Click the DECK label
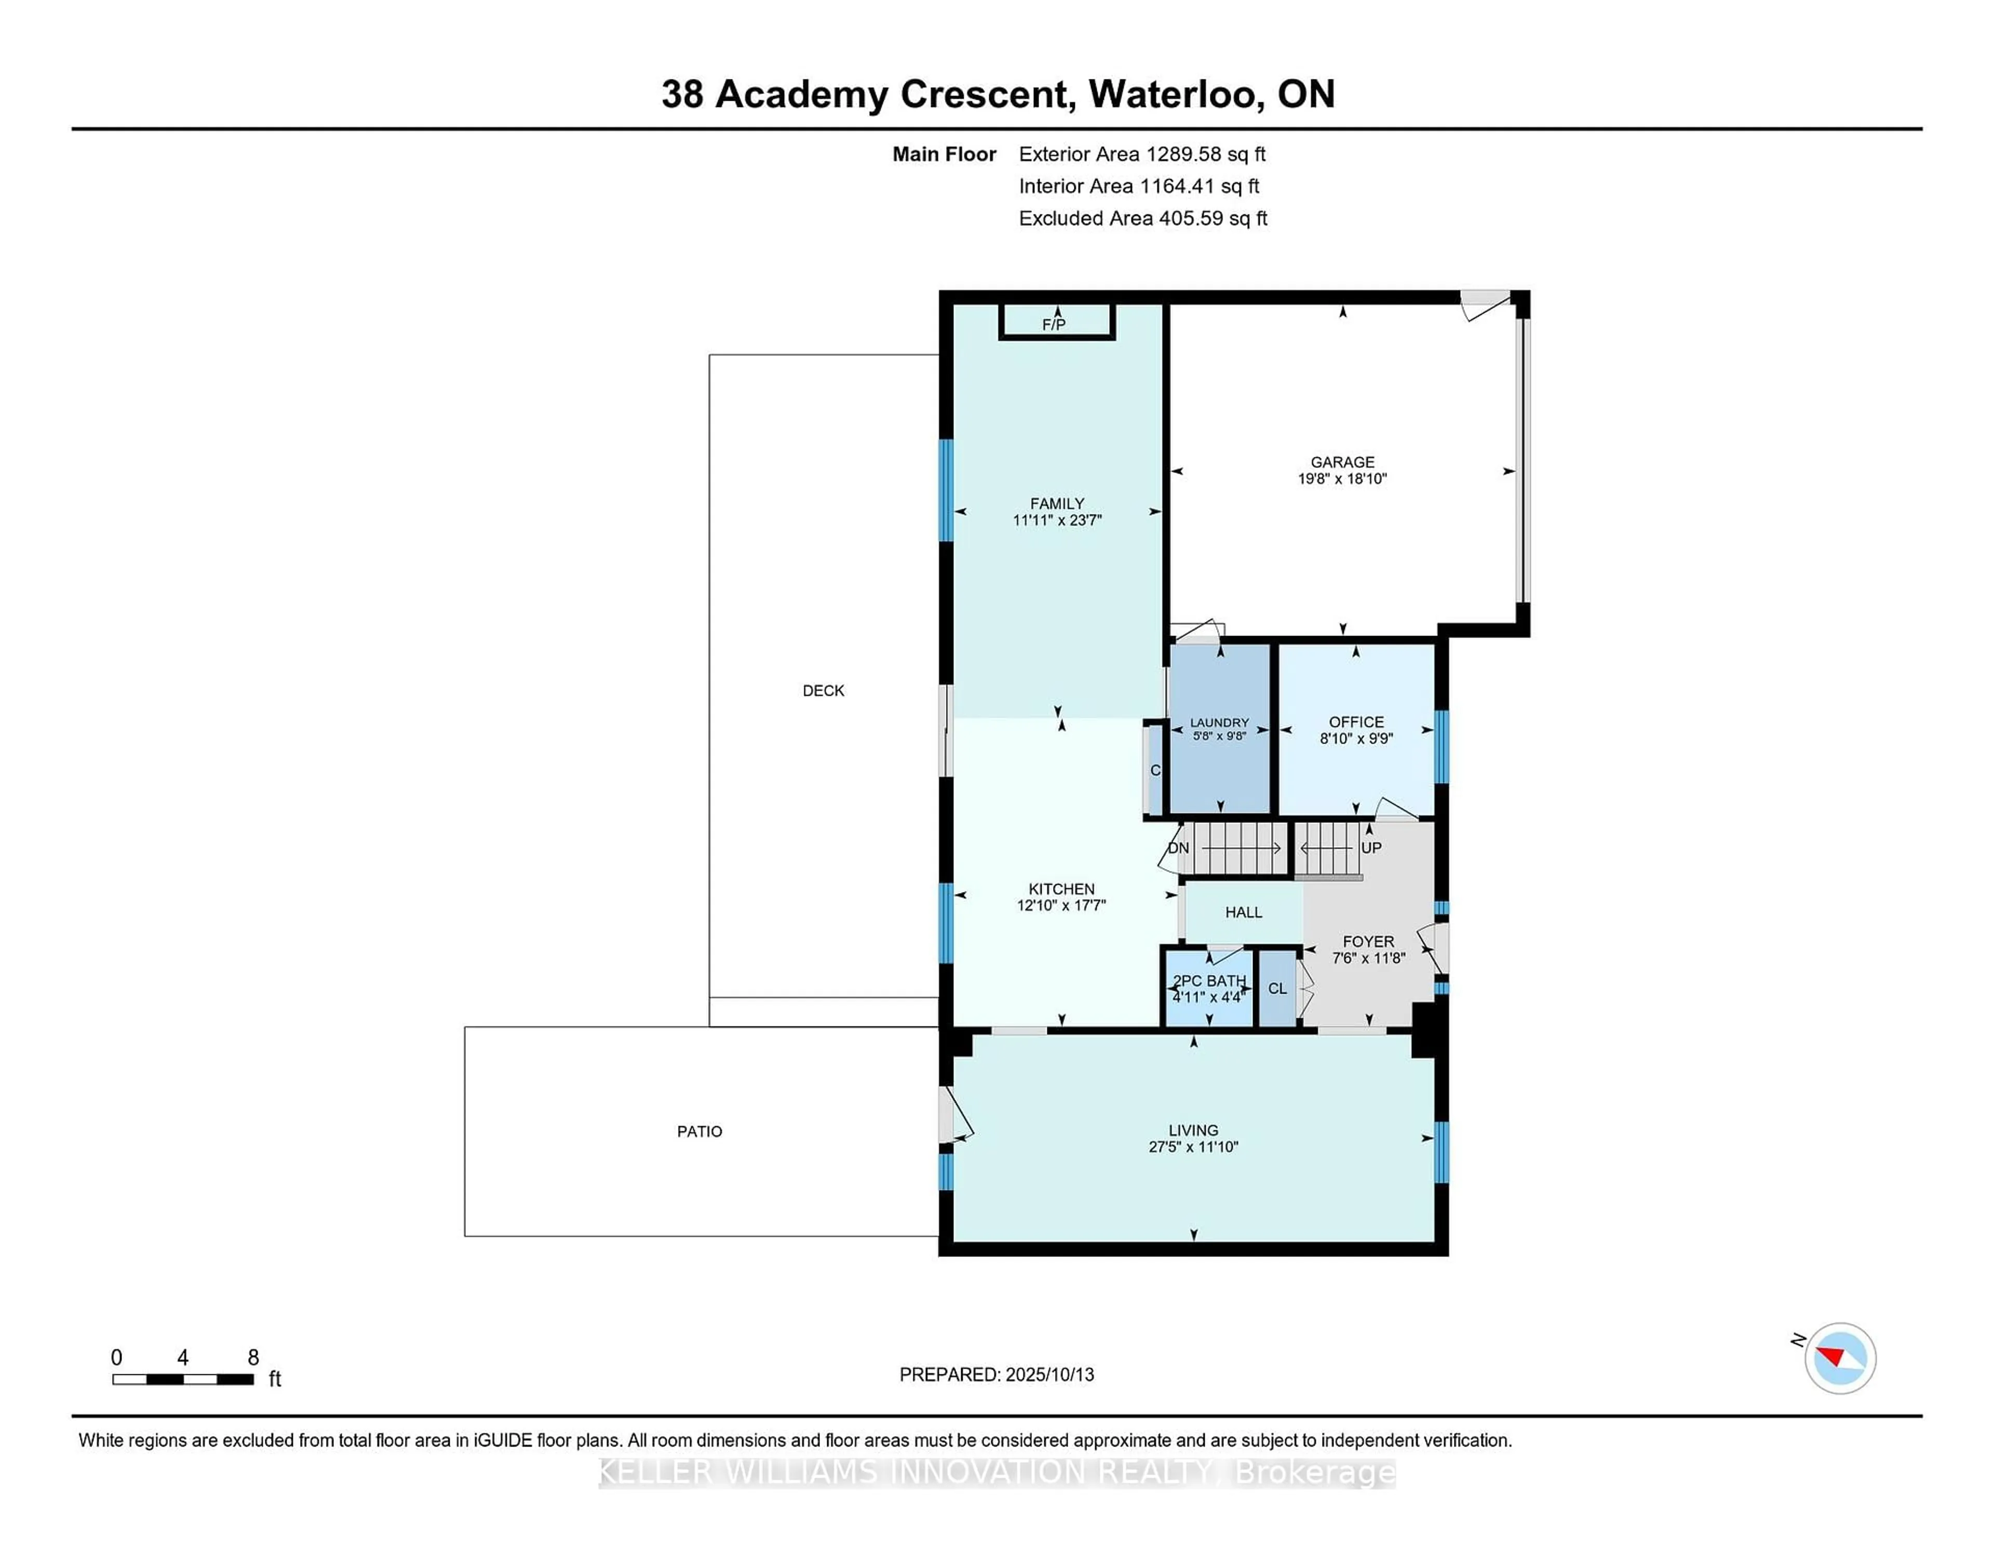coord(823,691)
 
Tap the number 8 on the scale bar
coord(253,1358)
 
